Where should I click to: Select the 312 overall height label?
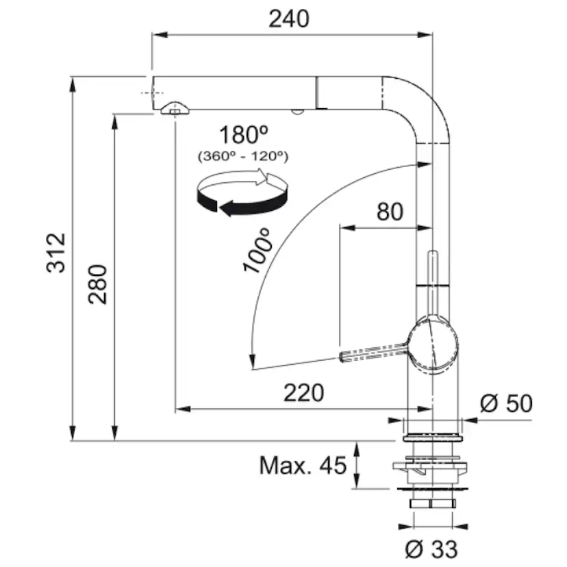pyautogui.click(x=56, y=253)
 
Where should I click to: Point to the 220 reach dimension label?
pyautogui.click(x=303, y=392)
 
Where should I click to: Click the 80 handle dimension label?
pyautogui.click(x=390, y=212)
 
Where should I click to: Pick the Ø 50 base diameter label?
pyautogui.click(x=506, y=403)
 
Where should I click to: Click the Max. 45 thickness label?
pyautogui.click(x=303, y=466)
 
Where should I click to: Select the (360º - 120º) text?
pyautogui.click(x=243, y=156)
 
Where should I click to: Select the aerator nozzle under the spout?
pyautogui.click(x=174, y=110)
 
